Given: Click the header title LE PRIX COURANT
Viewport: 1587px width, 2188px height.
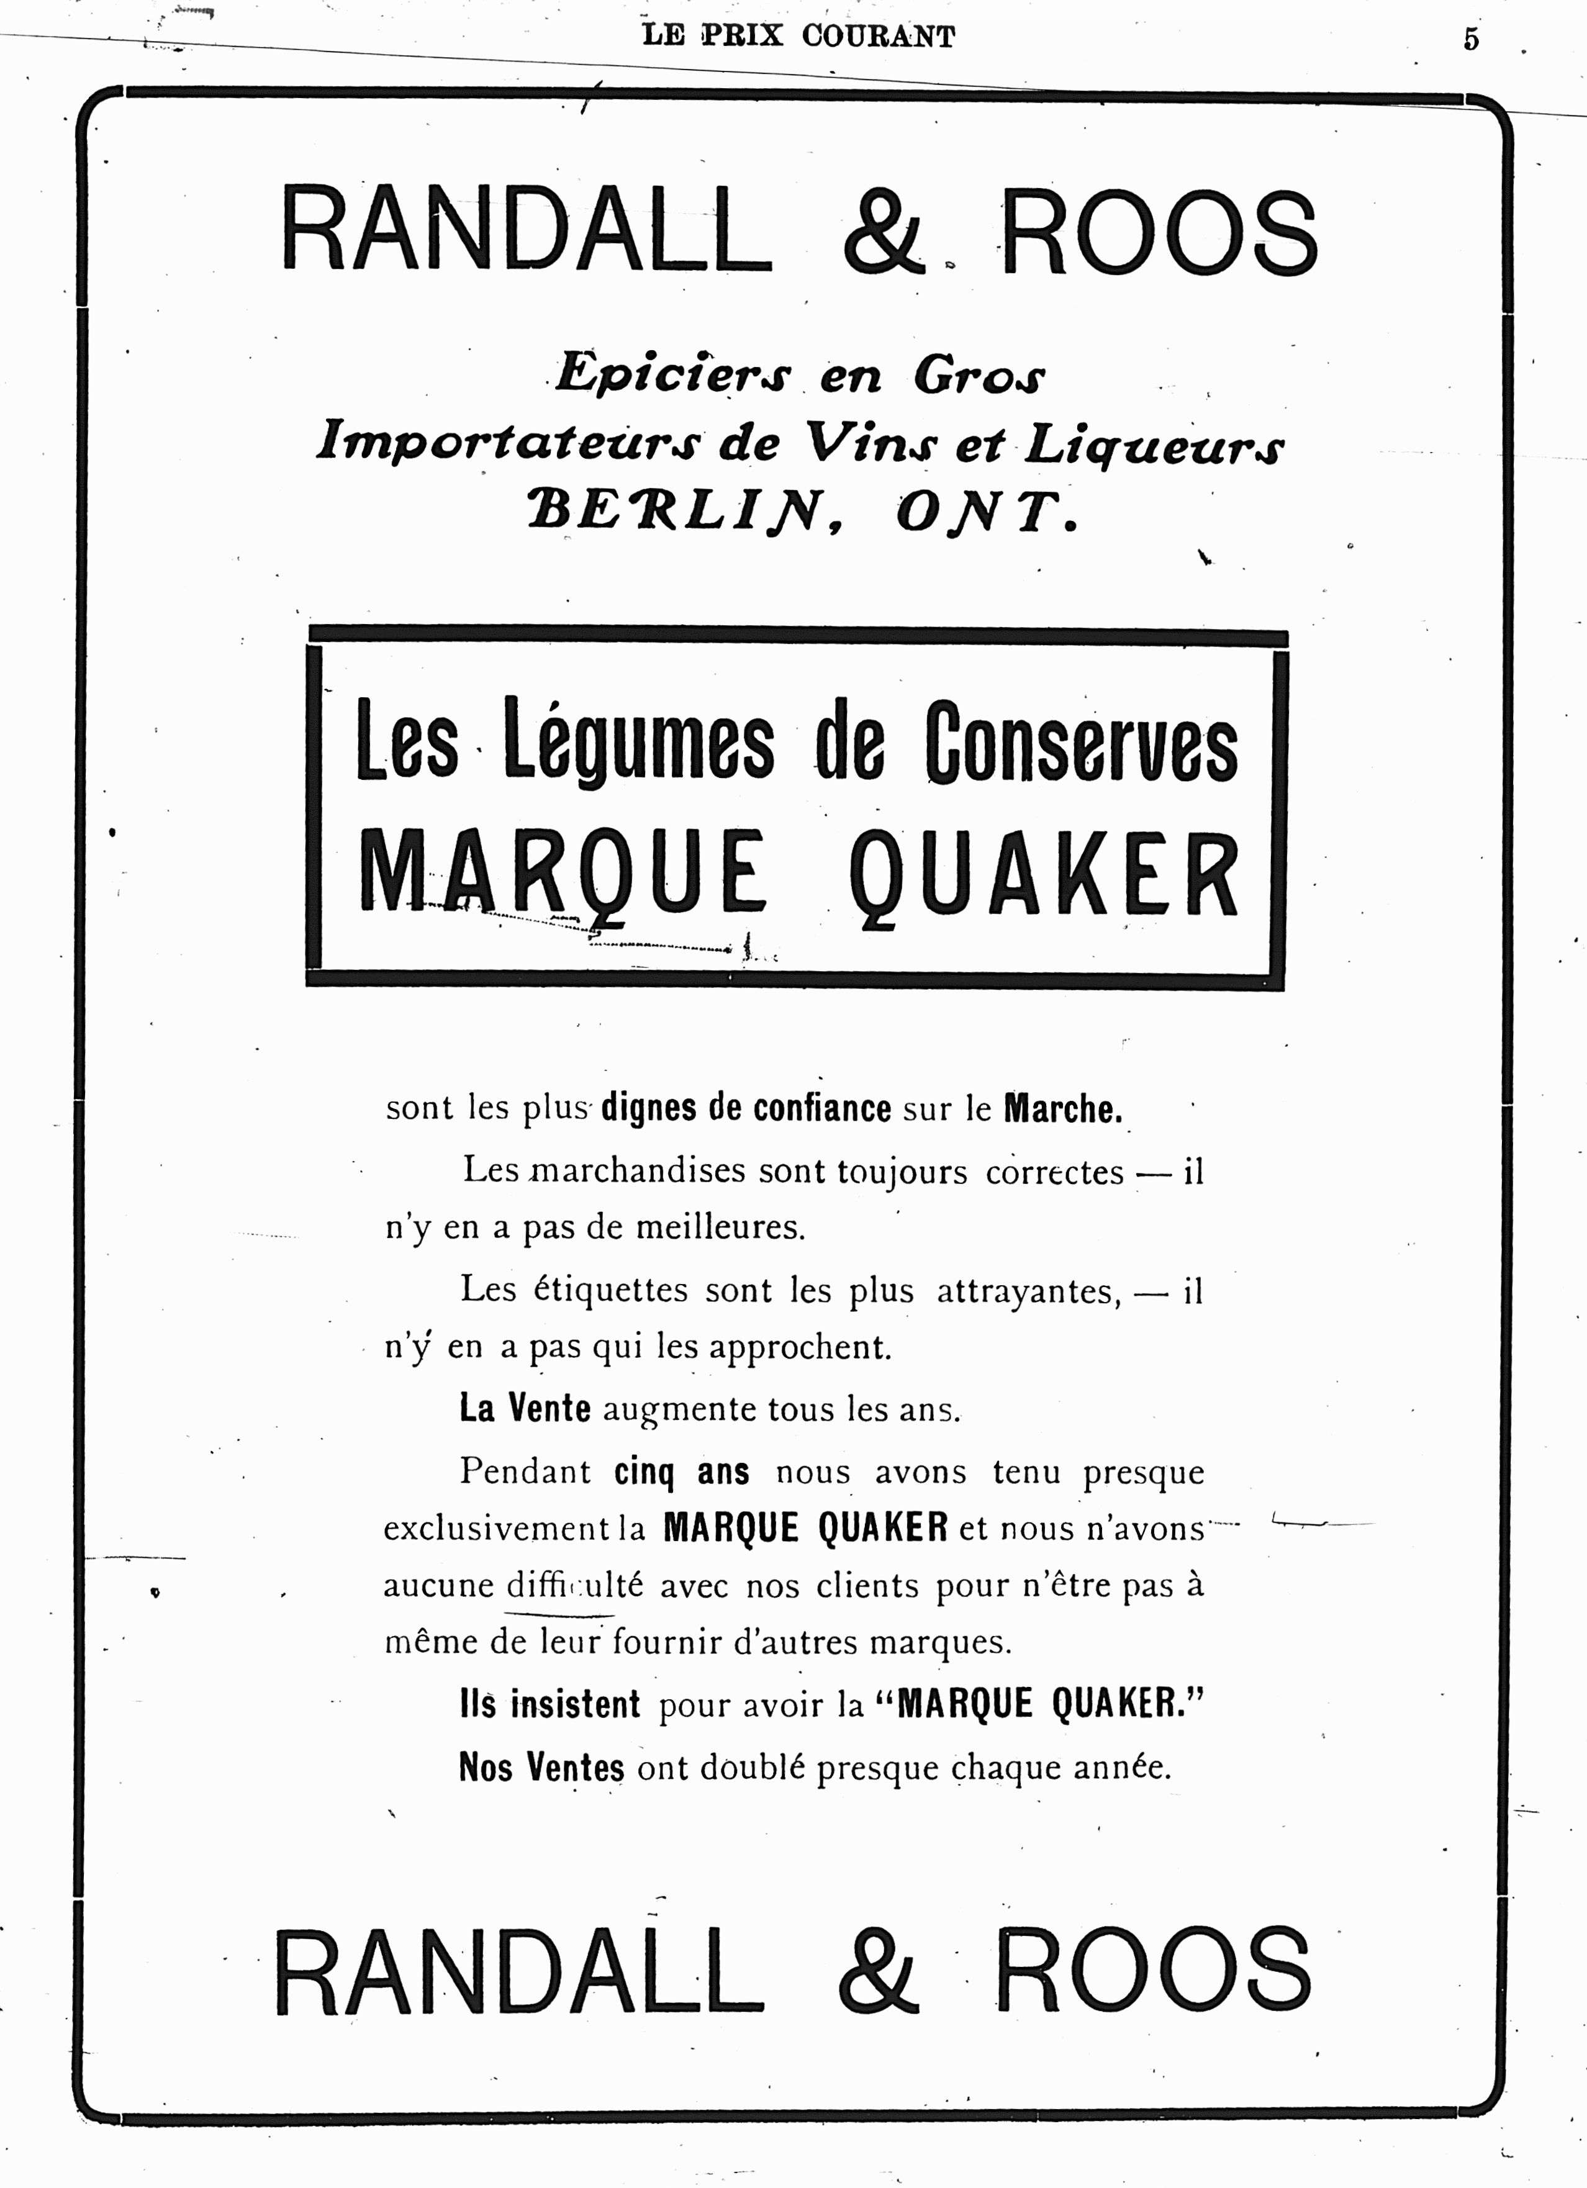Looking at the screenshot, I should coord(799,37).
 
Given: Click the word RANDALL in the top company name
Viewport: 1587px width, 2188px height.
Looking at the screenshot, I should coord(526,232).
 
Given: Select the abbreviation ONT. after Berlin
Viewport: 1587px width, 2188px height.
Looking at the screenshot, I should coord(986,512).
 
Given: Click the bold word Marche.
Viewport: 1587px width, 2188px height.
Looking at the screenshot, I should coord(1062,1108).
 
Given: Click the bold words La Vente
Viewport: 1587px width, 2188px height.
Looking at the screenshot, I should coord(525,1409).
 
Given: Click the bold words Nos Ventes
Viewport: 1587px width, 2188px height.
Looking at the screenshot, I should coord(541,1768).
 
